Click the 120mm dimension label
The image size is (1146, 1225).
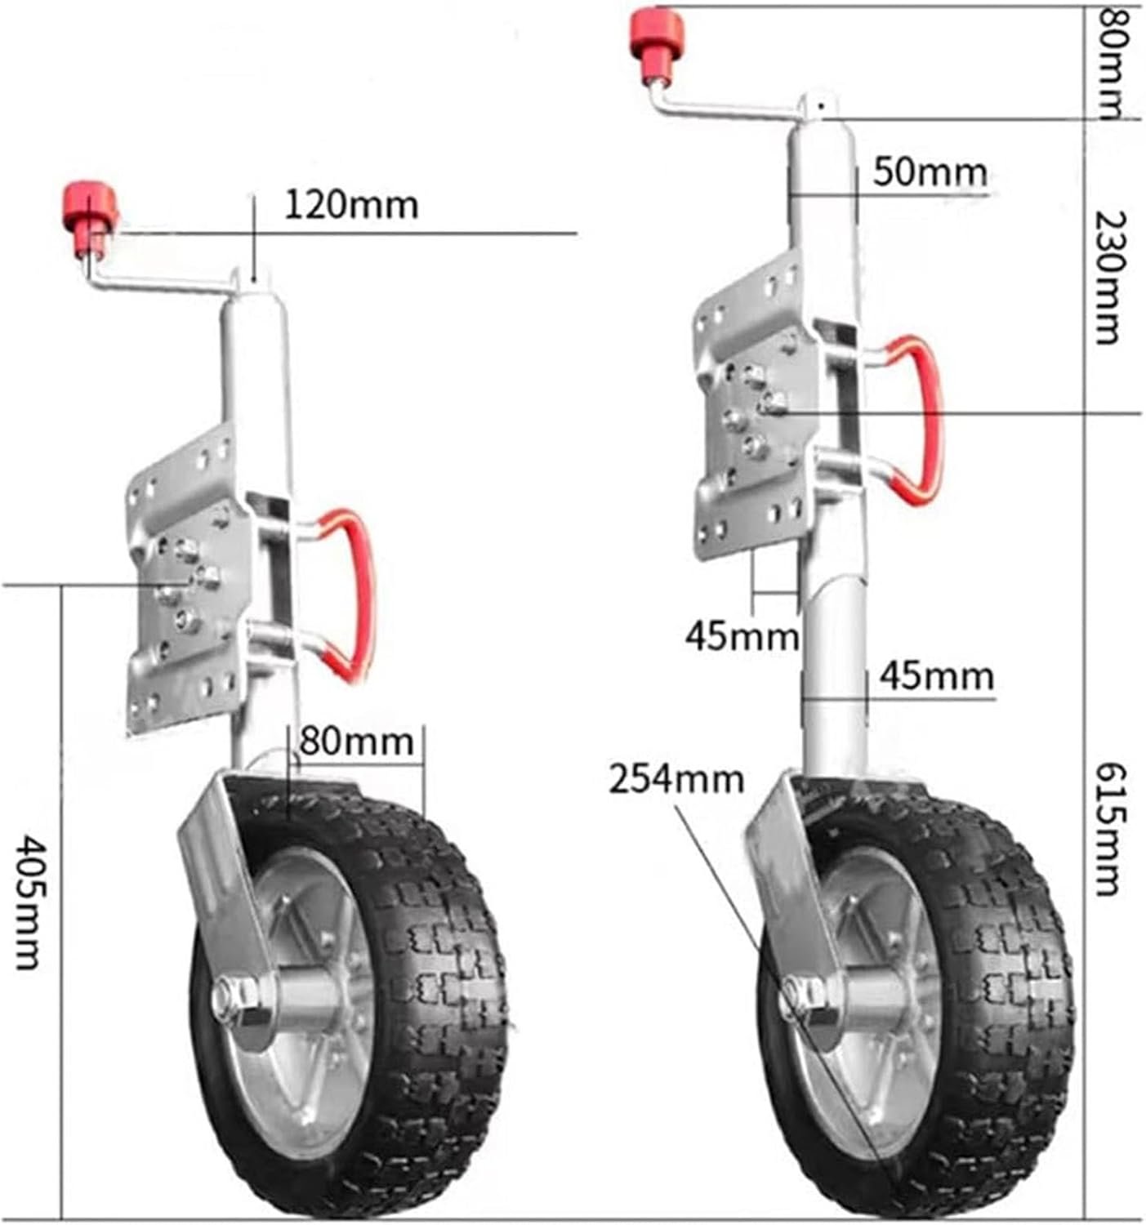[x=350, y=204]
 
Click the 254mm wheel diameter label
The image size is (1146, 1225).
[x=676, y=779]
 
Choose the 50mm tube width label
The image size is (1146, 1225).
[x=930, y=172]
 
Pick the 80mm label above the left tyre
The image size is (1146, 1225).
[x=356, y=742]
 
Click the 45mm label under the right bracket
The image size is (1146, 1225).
[x=741, y=635]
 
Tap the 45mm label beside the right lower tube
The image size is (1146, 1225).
[x=937, y=676]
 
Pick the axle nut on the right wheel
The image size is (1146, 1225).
[x=805, y=997]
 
